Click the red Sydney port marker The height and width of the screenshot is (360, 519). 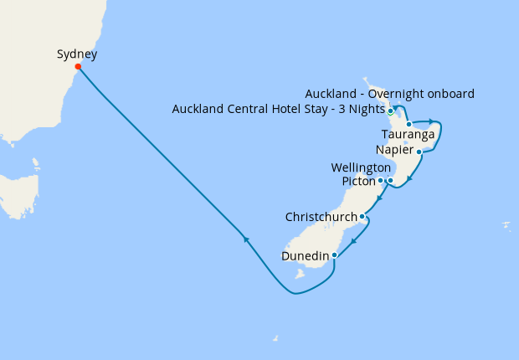pos(78,67)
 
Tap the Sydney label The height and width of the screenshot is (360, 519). pos(77,54)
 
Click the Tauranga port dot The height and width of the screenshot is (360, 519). pos(409,125)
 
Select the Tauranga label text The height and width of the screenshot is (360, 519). pos(407,135)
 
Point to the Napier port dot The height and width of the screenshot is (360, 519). pos(419,152)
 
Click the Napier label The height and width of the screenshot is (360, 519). pos(394,151)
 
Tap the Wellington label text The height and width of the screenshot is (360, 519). pos(362,167)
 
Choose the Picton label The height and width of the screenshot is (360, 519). pos(358,181)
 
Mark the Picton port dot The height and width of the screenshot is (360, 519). pos(381,180)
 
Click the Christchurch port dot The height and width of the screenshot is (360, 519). pos(362,217)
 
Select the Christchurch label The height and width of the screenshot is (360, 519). pos(321,217)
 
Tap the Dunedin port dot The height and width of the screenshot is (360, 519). pos(334,255)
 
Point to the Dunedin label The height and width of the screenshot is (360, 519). pos(305,255)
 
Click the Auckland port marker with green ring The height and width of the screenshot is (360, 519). pos(391,111)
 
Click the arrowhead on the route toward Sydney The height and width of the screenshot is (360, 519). pos(246,239)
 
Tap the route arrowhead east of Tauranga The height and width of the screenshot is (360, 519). pos(430,121)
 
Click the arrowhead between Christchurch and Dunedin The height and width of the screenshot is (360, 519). pos(354,242)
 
